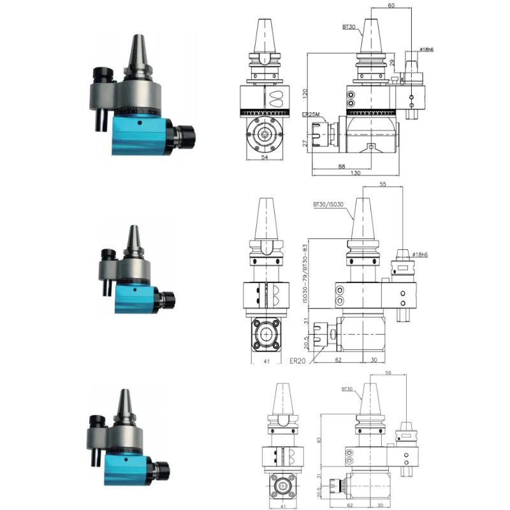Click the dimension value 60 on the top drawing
tap(391, 5)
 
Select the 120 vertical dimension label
tap(307, 94)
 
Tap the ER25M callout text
tap(310, 114)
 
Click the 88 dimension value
tap(342, 166)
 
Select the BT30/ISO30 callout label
tap(328, 204)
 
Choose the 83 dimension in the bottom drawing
tap(319, 439)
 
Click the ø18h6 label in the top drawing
tap(427, 50)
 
